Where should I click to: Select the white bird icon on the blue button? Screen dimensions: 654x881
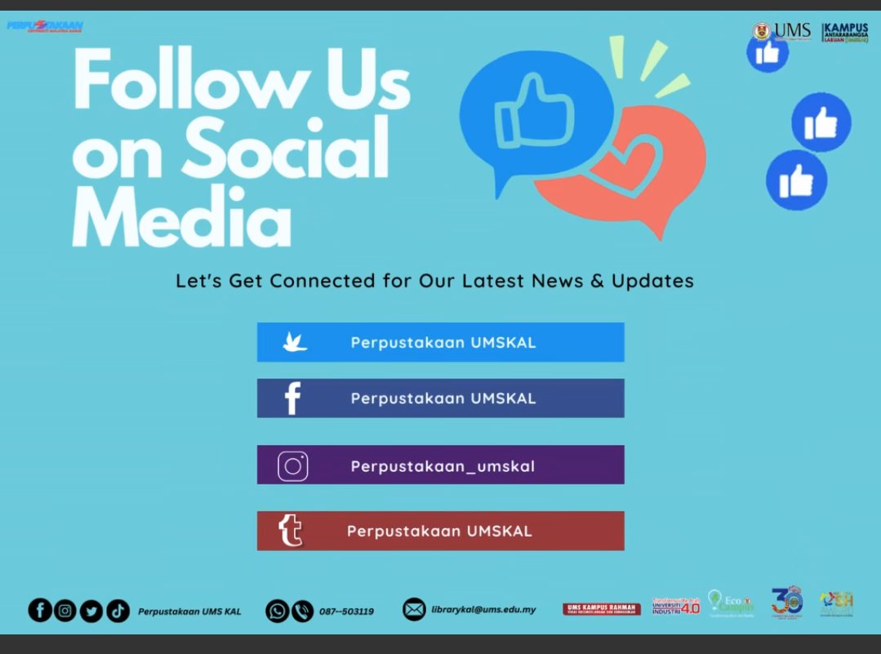294,342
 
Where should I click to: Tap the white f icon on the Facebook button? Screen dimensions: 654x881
292,398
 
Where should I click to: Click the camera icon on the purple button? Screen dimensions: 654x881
293,466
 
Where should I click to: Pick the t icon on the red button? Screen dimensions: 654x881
291,531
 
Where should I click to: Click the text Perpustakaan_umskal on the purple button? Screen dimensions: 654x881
443,466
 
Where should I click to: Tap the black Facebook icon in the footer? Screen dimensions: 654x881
40,610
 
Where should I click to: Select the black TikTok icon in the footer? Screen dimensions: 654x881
118,610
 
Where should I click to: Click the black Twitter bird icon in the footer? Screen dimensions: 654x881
91,610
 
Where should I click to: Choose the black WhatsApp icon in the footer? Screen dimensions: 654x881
277,610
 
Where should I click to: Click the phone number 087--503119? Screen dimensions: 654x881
346,611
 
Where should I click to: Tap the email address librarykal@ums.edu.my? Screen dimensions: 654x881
483,609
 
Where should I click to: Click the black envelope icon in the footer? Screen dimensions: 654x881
414,609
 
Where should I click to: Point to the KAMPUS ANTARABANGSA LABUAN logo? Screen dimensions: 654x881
845,33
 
